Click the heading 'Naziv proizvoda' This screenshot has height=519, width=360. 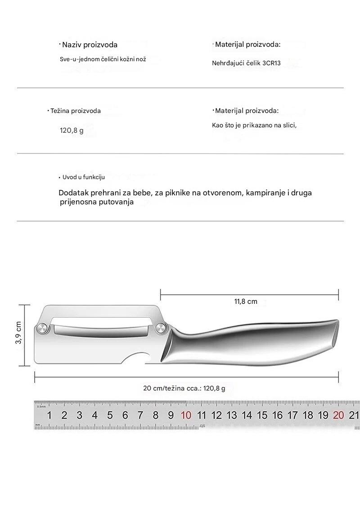pyautogui.click(x=90, y=45)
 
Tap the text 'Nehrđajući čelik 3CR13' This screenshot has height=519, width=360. pyautogui.click(x=246, y=63)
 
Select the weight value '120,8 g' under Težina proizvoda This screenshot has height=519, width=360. pyautogui.click(x=72, y=131)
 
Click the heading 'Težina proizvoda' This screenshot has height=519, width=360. pyautogui.click(x=76, y=111)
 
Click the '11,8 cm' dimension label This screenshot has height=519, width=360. pyautogui.click(x=246, y=302)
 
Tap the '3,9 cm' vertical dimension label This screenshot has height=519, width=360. pyautogui.click(x=18, y=333)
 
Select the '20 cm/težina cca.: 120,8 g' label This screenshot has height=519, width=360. pyautogui.click(x=184, y=388)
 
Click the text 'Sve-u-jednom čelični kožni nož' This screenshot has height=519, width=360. pyautogui.click(x=103, y=59)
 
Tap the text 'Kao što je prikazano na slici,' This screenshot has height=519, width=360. pyautogui.click(x=254, y=125)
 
